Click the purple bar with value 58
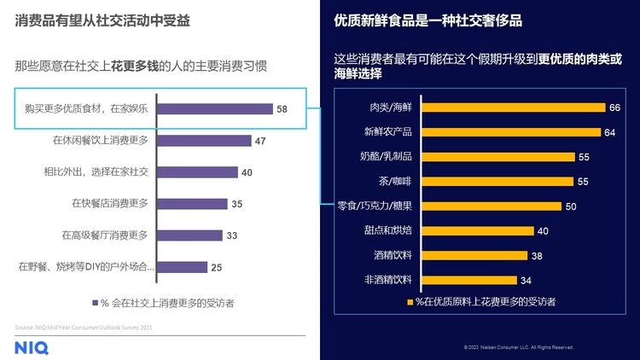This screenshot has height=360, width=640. pos(215,109)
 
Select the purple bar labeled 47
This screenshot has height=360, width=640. pos(205,141)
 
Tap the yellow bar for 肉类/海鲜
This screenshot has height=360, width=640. pos(510,107)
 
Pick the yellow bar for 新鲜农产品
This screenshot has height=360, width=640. pos(508,132)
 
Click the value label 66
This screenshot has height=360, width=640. pos(614,107)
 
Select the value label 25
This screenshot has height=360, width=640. pos(217,267)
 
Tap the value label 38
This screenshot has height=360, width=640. pos(537,255)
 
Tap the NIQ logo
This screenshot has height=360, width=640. pos(32,346)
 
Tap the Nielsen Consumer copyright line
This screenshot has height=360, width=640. pos(518,348)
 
